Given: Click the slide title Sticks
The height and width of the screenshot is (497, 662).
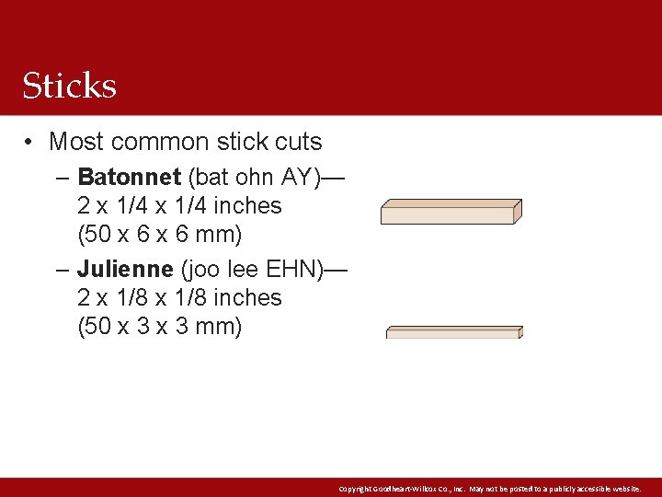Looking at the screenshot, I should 70,86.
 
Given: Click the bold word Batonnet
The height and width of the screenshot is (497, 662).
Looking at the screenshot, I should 129,177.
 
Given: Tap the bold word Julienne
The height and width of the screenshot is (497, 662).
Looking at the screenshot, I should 125,269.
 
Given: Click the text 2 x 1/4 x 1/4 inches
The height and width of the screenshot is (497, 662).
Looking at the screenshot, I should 179,205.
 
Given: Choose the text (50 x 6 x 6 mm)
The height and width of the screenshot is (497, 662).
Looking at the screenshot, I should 160,235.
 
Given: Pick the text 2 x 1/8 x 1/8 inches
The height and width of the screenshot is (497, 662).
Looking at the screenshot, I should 179,297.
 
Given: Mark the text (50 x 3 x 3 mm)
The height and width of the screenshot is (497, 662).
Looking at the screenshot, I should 160,327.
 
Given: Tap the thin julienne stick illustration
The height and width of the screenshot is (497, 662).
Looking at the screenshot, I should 453,332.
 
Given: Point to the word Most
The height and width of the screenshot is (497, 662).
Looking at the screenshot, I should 74,142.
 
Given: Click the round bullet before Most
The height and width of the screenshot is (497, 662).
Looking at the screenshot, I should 30,142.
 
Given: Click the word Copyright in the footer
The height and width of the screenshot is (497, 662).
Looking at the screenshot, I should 353,489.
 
